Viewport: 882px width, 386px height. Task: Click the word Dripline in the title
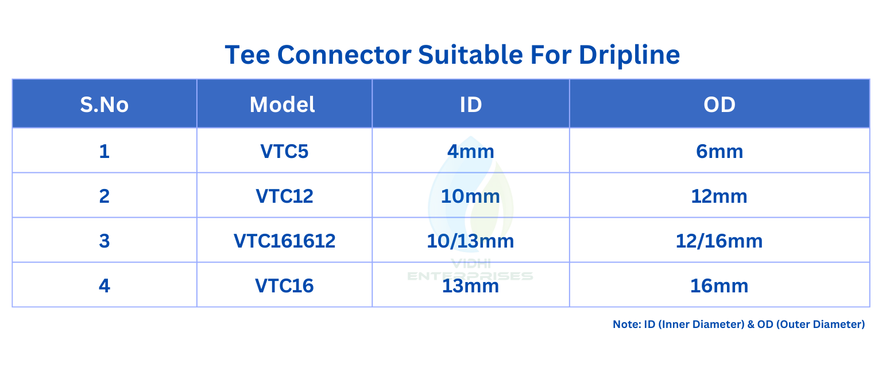629,55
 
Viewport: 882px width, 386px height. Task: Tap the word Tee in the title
247,55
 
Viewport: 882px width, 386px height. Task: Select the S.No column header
105,105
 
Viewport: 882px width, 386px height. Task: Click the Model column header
283,105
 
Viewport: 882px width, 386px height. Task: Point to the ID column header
471,105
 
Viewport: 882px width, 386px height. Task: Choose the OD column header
719,105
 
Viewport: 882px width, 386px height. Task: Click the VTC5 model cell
284,152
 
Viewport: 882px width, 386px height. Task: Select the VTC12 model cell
284,196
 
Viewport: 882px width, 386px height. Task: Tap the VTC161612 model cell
284,241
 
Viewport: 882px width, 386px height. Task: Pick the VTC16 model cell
284,285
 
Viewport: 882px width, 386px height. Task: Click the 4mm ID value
470,152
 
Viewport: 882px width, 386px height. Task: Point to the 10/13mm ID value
470,241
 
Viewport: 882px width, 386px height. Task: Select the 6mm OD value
719,152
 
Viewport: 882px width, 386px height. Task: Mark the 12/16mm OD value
719,241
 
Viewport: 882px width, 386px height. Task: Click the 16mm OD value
719,285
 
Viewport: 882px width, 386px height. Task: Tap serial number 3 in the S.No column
105,241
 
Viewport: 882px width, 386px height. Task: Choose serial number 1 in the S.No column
105,152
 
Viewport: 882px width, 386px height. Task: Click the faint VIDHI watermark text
470,264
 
